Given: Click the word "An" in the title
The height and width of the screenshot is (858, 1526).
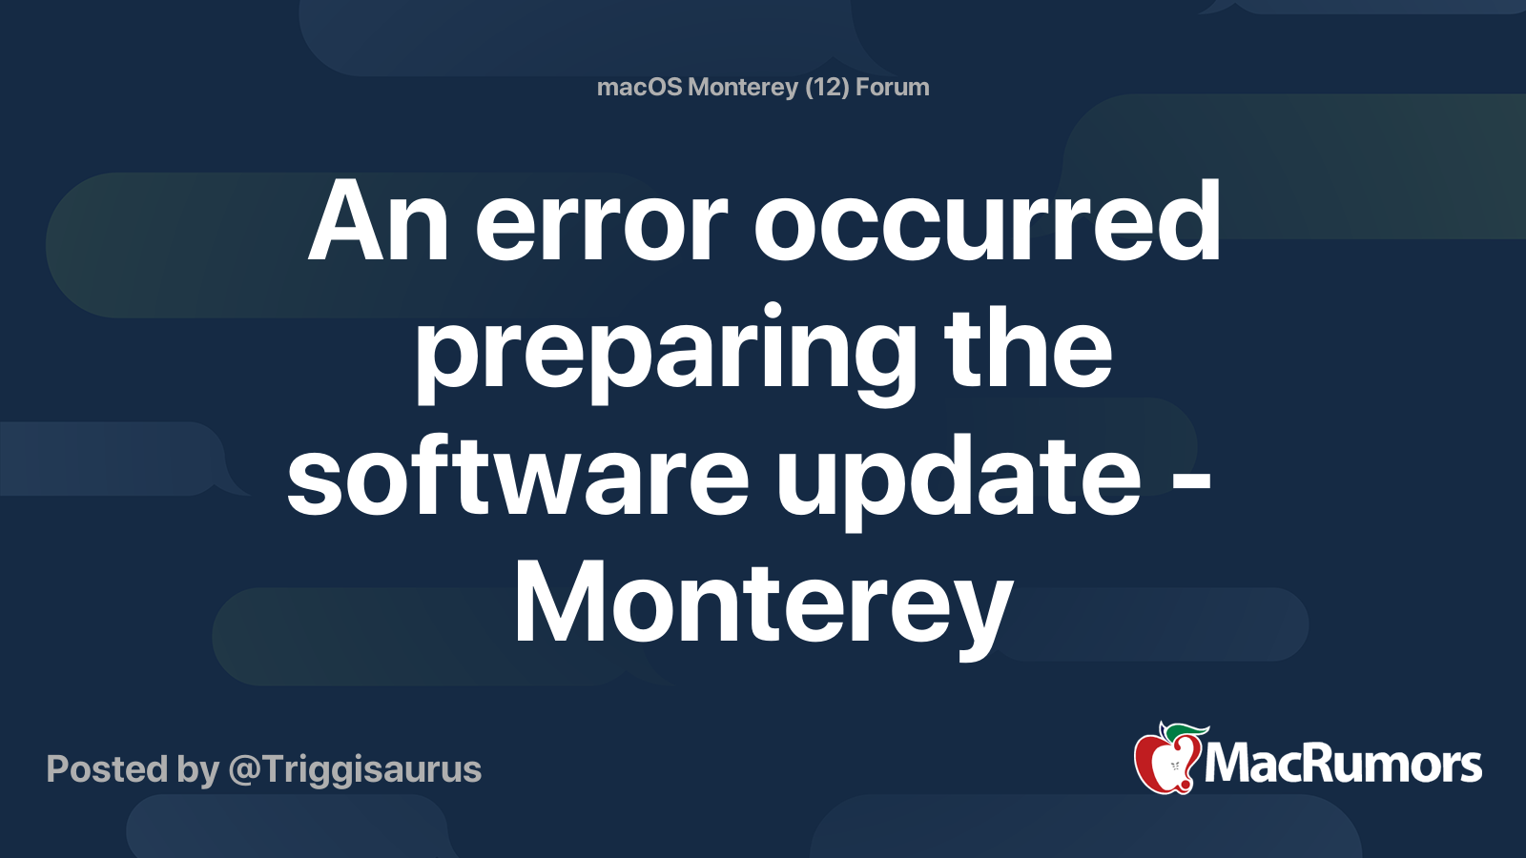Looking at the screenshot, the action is click(x=378, y=220).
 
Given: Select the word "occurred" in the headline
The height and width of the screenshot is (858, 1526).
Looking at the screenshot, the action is click(x=987, y=220).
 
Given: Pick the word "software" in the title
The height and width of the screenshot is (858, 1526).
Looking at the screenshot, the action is click(x=518, y=473).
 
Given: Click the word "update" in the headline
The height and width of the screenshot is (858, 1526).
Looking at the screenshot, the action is click(x=959, y=480).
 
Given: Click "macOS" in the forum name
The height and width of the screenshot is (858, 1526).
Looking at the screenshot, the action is click(x=639, y=87).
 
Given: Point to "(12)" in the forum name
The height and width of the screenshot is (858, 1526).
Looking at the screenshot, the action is click(x=827, y=88).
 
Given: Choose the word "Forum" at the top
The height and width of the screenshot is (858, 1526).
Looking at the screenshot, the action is click(x=893, y=87).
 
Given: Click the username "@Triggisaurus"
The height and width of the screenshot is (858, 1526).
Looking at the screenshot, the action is click(x=355, y=769).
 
